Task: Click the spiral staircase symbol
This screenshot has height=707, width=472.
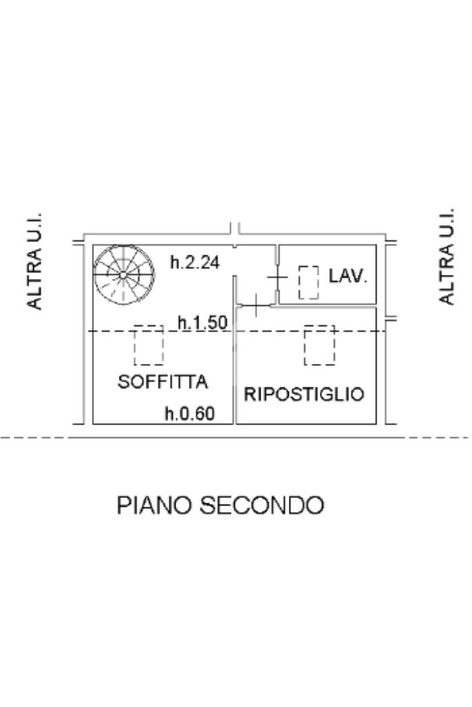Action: click(x=124, y=275)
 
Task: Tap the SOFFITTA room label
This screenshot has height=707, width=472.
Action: click(x=163, y=381)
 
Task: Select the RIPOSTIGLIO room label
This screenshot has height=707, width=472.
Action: click(x=304, y=394)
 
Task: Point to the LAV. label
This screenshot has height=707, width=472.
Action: click(x=348, y=276)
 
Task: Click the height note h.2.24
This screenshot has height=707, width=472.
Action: click(x=196, y=262)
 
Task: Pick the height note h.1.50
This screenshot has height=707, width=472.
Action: click(x=202, y=322)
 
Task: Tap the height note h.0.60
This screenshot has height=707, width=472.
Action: click(x=189, y=414)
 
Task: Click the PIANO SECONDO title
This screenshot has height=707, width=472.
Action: click(x=220, y=505)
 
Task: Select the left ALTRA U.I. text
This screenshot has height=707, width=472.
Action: click(x=35, y=260)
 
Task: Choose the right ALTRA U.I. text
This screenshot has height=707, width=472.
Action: click(x=448, y=255)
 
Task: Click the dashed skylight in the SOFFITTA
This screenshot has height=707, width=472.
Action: click(x=149, y=345)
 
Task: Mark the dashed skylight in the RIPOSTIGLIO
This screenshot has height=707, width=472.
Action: click(x=319, y=345)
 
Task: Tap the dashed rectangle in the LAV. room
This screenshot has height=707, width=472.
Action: click(x=308, y=282)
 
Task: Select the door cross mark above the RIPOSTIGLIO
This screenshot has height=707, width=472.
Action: click(x=255, y=304)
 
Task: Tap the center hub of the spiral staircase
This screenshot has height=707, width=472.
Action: click(x=122, y=275)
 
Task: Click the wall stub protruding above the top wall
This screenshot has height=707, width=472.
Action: click(x=235, y=229)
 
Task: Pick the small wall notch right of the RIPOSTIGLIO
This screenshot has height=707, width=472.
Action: click(x=389, y=319)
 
